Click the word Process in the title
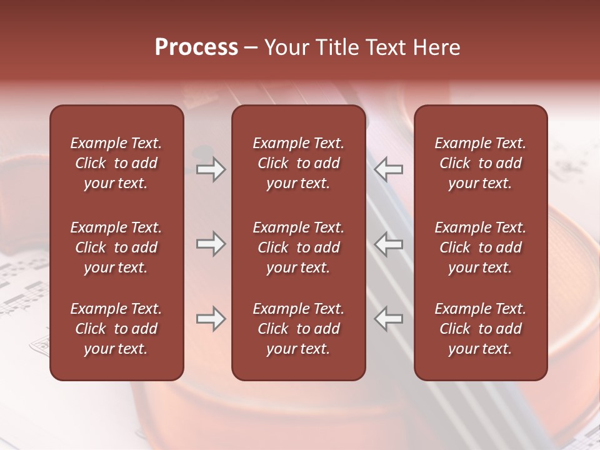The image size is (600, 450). point(196,47)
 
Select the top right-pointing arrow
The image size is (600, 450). point(211,169)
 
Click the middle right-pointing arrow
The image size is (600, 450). point(211,244)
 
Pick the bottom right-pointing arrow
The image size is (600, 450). point(211,319)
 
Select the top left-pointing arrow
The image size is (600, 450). point(388,169)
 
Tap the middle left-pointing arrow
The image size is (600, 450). point(388,244)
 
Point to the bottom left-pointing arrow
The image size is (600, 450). point(388,319)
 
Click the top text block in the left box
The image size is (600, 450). point(116,163)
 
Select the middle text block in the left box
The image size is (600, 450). point(116,247)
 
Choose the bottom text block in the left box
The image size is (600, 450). point(116,329)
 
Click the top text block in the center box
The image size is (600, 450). point(298,163)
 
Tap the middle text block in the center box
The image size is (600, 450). point(298,247)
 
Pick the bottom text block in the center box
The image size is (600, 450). point(298,329)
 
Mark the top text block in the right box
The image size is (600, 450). point(480,163)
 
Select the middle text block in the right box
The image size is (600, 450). point(480,247)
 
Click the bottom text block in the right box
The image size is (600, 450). point(480,329)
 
